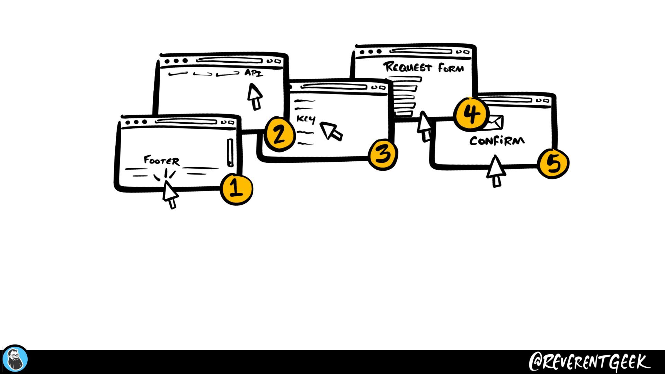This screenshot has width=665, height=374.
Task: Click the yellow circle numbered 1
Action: point(237,189)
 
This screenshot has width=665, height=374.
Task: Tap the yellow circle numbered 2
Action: point(280,134)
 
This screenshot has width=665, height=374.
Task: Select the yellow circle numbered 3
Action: point(383,154)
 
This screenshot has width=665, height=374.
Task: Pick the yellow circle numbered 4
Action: point(471,114)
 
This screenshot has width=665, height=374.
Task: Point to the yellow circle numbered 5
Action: point(553,163)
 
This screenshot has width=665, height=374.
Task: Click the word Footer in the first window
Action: point(162,160)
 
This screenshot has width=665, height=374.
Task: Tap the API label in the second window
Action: point(254,73)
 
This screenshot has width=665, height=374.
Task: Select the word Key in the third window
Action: point(306,119)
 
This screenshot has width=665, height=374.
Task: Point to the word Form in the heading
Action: point(451,68)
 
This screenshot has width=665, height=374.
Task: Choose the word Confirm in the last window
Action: point(497,141)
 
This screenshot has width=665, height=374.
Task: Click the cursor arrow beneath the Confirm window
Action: point(496,170)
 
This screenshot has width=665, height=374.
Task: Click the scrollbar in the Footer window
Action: point(230,152)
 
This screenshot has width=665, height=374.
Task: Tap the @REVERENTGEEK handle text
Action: point(589,362)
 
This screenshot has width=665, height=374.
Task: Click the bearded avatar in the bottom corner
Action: point(15,359)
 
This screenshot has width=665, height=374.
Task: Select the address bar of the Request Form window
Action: point(420,51)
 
